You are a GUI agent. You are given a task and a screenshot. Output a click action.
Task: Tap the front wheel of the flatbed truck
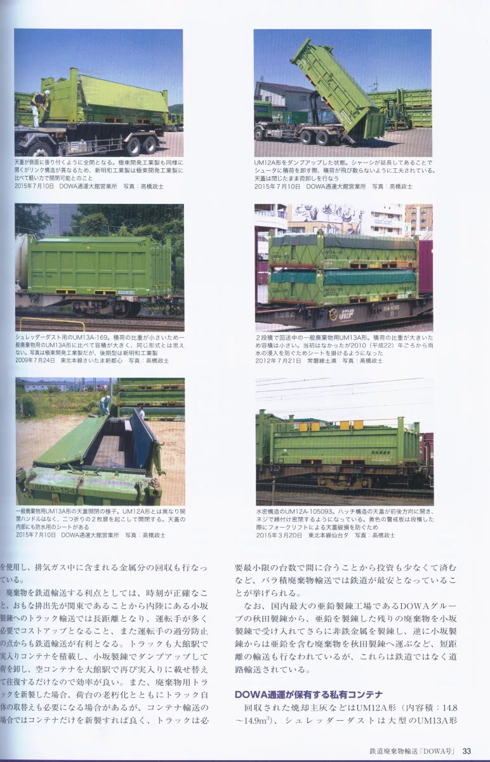41,149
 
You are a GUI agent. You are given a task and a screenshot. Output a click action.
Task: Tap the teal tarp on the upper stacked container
343,240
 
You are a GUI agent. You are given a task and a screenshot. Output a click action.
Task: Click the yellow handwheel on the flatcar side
333,314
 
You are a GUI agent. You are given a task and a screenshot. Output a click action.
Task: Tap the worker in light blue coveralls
104,404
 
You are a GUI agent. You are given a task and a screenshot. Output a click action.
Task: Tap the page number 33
467,751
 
